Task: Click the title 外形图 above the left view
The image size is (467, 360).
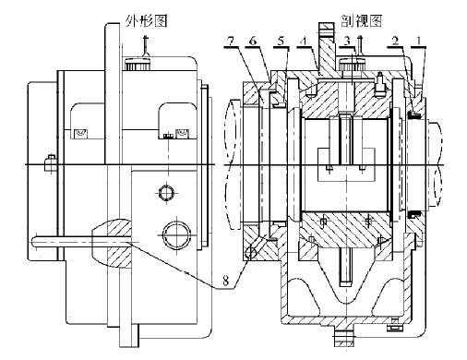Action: [x=146, y=21]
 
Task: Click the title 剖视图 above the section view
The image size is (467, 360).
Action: [x=361, y=21]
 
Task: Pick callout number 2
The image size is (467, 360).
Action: [x=395, y=41]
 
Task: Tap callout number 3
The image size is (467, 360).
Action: [x=347, y=41]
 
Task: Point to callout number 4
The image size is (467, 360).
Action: [x=304, y=41]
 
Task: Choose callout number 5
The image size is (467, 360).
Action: [x=281, y=41]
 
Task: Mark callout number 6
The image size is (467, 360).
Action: [x=253, y=41]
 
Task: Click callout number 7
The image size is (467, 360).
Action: [x=231, y=41]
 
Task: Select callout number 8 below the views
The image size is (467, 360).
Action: [x=225, y=281]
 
